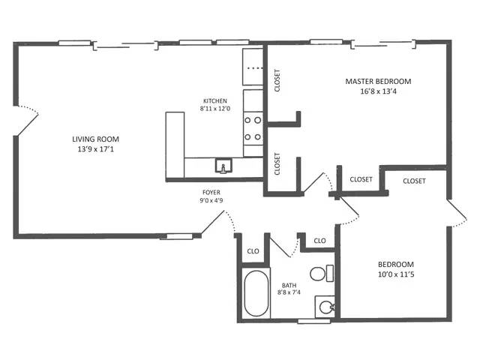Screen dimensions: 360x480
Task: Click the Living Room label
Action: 95,139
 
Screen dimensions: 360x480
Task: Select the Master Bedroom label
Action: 378,81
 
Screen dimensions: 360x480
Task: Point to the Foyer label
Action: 211,191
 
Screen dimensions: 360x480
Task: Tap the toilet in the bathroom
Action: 319,273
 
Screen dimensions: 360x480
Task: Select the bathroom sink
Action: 325,306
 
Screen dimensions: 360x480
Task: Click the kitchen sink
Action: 222,165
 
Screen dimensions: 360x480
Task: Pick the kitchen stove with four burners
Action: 253,127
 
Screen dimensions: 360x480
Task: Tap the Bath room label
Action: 289,285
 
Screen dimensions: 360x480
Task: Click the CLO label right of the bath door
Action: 319,241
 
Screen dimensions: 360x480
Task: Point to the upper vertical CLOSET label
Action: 277,80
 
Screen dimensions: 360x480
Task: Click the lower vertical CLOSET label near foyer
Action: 277,164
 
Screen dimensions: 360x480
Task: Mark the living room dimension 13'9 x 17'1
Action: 95,148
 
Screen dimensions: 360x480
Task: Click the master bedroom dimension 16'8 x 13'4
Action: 378,92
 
